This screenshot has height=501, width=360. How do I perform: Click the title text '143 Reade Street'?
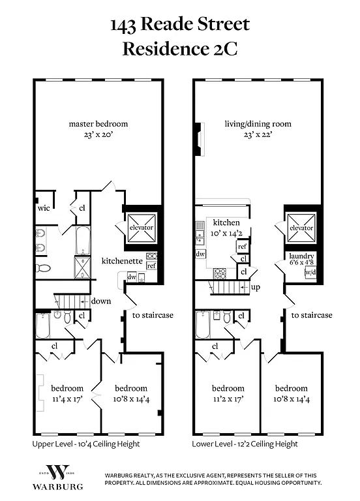click(179, 25)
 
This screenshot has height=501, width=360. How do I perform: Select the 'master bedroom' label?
click(98, 123)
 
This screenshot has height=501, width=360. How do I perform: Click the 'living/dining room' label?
click(258, 123)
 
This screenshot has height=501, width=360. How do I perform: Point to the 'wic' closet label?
click(44, 209)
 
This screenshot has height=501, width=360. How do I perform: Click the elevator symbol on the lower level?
click(301, 228)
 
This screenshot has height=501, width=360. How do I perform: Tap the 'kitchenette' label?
click(122, 260)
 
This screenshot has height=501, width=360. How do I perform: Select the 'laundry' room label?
click(303, 256)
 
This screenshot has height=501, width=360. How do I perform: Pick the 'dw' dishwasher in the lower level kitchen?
click(201, 253)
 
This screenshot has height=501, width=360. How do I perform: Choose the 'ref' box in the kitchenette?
click(151, 266)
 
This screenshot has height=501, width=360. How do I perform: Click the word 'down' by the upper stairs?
click(101, 301)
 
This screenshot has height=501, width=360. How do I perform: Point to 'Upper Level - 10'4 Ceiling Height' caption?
click(86, 444)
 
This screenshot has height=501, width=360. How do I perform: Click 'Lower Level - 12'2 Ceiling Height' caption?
click(245, 444)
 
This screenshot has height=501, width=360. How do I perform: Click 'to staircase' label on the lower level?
click(311, 315)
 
